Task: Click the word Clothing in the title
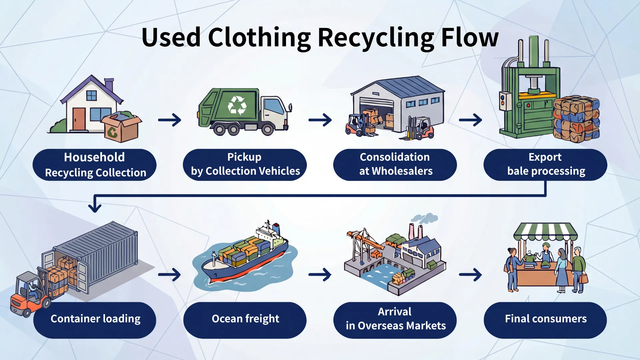tap(259, 38)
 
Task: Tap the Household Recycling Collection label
tap(95, 165)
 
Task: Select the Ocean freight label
tap(245, 319)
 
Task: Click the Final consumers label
tap(545, 319)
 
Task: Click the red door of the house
tap(79, 119)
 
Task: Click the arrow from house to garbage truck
tap(170, 120)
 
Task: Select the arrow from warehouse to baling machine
tap(470, 120)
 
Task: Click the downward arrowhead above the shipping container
tap(95, 207)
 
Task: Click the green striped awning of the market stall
tap(545, 231)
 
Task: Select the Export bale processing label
tap(545, 165)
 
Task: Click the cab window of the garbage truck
tap(274, 106)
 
